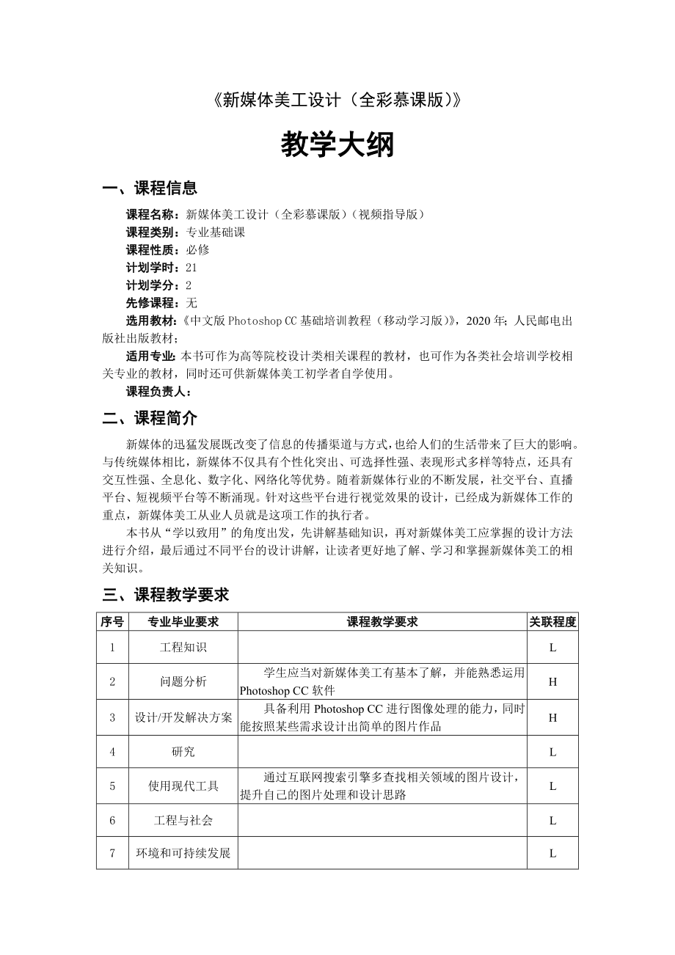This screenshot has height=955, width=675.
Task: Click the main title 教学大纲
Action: tap(337, 145)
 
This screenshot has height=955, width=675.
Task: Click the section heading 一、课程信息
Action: tap(150, 189)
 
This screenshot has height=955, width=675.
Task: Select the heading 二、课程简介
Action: tap(150, 418)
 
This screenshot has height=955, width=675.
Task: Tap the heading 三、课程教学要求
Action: tap(166, 594)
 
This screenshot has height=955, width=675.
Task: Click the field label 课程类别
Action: tap(151, 233)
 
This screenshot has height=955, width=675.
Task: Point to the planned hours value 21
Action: tap(191, 268)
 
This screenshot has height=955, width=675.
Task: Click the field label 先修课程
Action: tap(151, 303)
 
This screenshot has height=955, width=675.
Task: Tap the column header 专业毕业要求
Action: tap(183, 622)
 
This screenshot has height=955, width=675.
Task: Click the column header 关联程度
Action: tap(552, 622)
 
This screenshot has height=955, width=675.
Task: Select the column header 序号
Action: tap(112, 622)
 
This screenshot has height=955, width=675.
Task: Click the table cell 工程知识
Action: tap(183, 648)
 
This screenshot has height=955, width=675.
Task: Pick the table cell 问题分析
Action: tap(183, 681)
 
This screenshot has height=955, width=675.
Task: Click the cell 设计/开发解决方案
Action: tap(183, 717)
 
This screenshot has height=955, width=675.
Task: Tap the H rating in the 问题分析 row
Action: tap(552, 681)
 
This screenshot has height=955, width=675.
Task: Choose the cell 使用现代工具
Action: tap(183, 786)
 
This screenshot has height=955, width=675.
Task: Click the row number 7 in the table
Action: tap(112, 853)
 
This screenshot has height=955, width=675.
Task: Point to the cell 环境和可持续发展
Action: tap(183, 853)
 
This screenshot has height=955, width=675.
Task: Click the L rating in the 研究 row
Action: tap(552, 752)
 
